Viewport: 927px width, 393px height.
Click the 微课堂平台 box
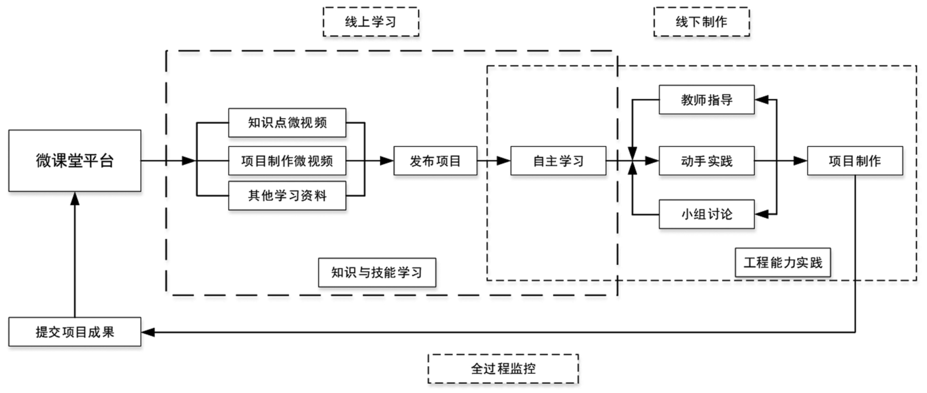(x=74, y=161)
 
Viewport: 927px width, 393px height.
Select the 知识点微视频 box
(x=287, y=123)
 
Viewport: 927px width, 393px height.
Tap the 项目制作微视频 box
(x=287, y=161)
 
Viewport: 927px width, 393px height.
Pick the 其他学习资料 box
(x=287, y=196)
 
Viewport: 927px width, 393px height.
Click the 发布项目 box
(x=435, y=161)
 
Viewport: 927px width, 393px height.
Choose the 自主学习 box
(x=558, y=161)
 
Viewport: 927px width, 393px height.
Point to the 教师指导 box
(x=706, y=100)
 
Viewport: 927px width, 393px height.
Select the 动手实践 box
(x=706, y=161)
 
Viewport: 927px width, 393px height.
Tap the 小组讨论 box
(x=706, y=214)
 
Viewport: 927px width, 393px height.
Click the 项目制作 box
(x=855, y=161)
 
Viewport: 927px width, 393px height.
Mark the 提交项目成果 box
(x=74, y=332)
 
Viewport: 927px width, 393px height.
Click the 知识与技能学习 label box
(x=377, y=272)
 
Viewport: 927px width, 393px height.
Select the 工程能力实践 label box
(x=782, y=263)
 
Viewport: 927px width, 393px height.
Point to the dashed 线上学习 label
(x=370, y=22)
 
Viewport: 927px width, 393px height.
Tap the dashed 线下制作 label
(x=701, y=22)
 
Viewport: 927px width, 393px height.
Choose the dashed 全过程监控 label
(x=503, y=369)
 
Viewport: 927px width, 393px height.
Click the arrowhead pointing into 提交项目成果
(x=148, y=332)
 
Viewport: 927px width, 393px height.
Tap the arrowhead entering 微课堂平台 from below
(x=74, y=198)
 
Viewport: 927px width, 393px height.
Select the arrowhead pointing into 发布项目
(x=387, y=161)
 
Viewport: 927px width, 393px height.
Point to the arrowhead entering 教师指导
(x=761, y=100)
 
